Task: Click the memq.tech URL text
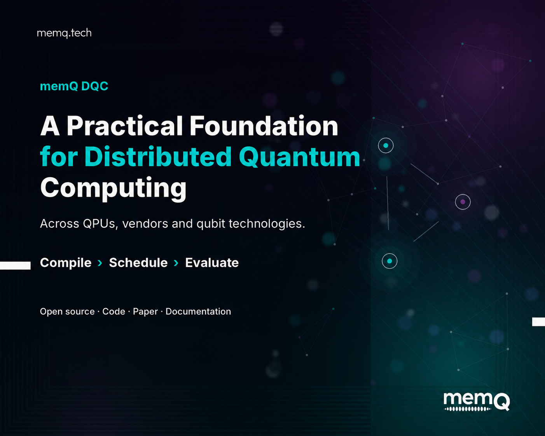pyautogui.click(x=64, y=33)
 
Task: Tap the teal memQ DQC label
pyautogui.click(x=74, y=86)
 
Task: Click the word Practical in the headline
pyautogui.click(x=125, y=126)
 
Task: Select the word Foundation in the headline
pyautogui.click(x=264, y=126)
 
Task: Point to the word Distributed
pyautogui.click(x=158, y=157)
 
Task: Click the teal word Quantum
pyautogui.click(x=299, y=157)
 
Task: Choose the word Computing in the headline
pyautogui.click(x=113, y=188)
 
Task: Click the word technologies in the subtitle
pyautogui.click(x=267, y=224)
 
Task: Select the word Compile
pyautogui.click(x=66, y=263)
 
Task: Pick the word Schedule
pyautogui.click(x=138, y=263)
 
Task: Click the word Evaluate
pyautogui.click(x=212, y=263)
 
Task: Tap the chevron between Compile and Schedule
pyautogui.click(x=100, y=263)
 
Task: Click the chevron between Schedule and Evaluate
pyautogui.click(x=176, y=263)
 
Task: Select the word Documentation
pyautogui.click(x=198, y=311)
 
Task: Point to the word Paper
pyautogui.click(x=145, y=312)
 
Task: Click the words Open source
pyautogui.click(x=67, y=312)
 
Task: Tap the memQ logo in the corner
pyautogui.click(x=477, y=401)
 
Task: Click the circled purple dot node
pyautogui.click(x=463, y=202)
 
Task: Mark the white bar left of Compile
pyautogui.click(x=15, y=265)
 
